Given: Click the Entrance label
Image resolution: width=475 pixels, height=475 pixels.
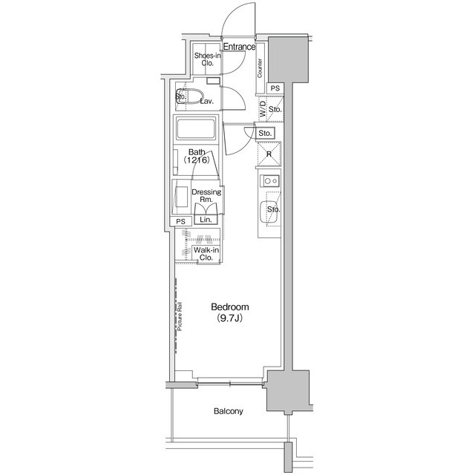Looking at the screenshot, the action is click(239, 47).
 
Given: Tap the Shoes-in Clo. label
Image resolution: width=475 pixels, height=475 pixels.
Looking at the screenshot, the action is click(208, 59).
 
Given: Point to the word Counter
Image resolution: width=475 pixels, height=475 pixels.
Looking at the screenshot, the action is click(260, 68).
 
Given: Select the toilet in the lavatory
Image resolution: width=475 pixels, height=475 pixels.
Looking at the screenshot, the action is click(189, 96).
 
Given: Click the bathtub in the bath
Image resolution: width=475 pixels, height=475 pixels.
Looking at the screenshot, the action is click(196, 128).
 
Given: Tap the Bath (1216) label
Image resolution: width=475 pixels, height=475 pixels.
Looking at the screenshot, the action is click(197, 156).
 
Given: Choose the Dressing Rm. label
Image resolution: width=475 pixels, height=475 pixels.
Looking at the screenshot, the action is click(206, 196).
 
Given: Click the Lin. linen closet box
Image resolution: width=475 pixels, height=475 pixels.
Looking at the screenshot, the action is click(206, 220).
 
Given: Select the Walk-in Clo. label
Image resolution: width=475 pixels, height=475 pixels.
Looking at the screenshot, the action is click(206, 254).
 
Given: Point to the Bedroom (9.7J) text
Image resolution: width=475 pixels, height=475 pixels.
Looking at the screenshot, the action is click(230, 312).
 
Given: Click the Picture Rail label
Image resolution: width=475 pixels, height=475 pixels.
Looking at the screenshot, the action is click(180, 316).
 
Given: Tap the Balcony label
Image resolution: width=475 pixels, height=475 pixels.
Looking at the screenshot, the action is click(229, 411).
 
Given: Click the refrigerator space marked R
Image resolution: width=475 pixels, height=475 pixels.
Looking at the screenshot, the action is click(269, 154).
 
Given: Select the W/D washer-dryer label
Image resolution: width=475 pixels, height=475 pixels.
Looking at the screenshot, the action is click(263, 109).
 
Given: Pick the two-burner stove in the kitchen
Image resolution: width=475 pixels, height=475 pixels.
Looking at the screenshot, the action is click(269, 181).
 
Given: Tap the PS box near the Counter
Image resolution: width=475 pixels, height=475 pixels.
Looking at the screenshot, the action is click(275, 88).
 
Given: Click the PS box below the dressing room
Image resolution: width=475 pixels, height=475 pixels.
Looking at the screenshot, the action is click(181, 221).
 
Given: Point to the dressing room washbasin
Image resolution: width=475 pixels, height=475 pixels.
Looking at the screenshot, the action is click(181, 197).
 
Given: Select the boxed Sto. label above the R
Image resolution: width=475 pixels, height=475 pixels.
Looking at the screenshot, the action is click(265, 134).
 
